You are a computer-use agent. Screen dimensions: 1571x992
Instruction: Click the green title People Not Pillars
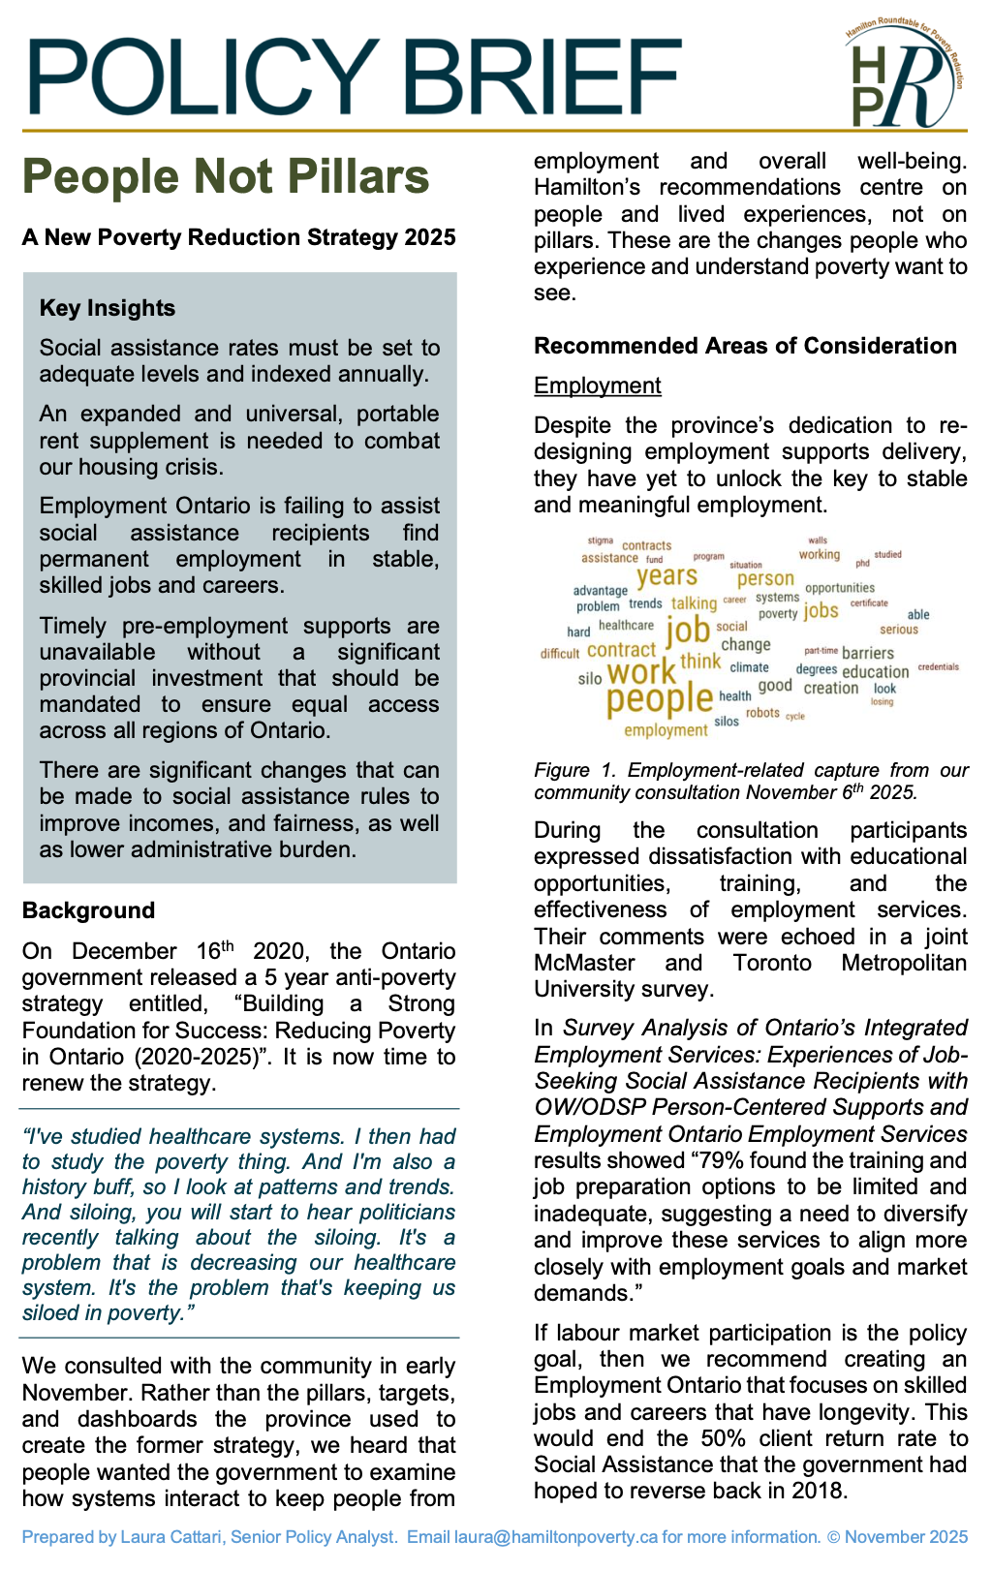[x=226, y=177]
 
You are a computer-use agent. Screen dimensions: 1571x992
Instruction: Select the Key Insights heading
[x=108, y=308]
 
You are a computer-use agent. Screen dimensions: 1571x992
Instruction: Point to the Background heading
[x=88, y=910]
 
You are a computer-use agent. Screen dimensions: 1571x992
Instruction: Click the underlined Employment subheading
[x=597, y=385]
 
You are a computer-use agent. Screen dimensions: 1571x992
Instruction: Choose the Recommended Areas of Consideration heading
[x=745, y=346]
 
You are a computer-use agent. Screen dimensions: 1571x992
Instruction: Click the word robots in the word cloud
[x=762, y=713]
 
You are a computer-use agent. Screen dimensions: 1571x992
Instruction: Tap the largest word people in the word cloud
[x=659, y=698]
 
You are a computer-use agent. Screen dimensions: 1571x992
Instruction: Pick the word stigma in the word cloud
[x=600, y=540]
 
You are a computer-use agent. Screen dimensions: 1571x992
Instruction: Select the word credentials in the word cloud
[x=938, y=666]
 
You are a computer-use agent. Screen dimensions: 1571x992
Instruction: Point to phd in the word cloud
[x=862, y=563]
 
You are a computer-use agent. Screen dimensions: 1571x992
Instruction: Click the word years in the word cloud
[x=666, y=576]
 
